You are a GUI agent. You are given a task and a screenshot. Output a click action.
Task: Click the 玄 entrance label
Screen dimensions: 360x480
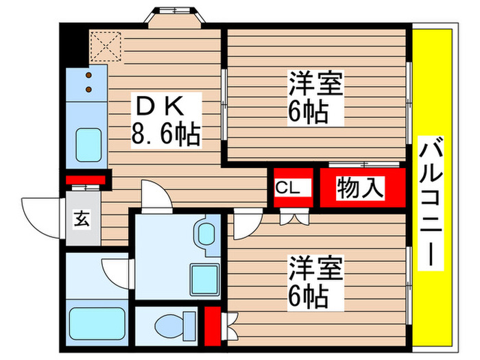tap(82, 220)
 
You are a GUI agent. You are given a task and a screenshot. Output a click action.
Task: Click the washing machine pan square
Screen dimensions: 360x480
tap(204, 278)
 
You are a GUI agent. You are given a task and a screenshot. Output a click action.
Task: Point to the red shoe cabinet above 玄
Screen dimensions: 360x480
tap(85, 180)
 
